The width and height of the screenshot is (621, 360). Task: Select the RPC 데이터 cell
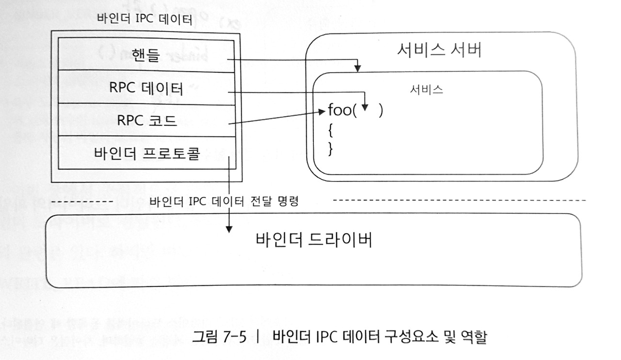click(x=145, y=88)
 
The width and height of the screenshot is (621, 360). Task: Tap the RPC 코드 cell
click(x=145, y=120)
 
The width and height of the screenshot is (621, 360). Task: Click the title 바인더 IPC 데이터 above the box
click(x=145, y=20)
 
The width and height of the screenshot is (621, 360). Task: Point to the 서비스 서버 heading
click(x=439, y=50)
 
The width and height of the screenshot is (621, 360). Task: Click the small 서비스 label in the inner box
click(x=426, y=91)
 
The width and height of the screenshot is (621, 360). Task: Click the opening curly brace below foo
click(x=330, y=130)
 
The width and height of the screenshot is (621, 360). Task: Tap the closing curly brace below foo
click(x=330, y=149)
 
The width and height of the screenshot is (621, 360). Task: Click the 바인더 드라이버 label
click(x=314, y=240)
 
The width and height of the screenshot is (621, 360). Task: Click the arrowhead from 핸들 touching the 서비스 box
click(x=358, y=67)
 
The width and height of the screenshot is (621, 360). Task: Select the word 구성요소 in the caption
click(x=403, y=336)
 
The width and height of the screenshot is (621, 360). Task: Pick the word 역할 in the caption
click(x=473, y=336)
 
